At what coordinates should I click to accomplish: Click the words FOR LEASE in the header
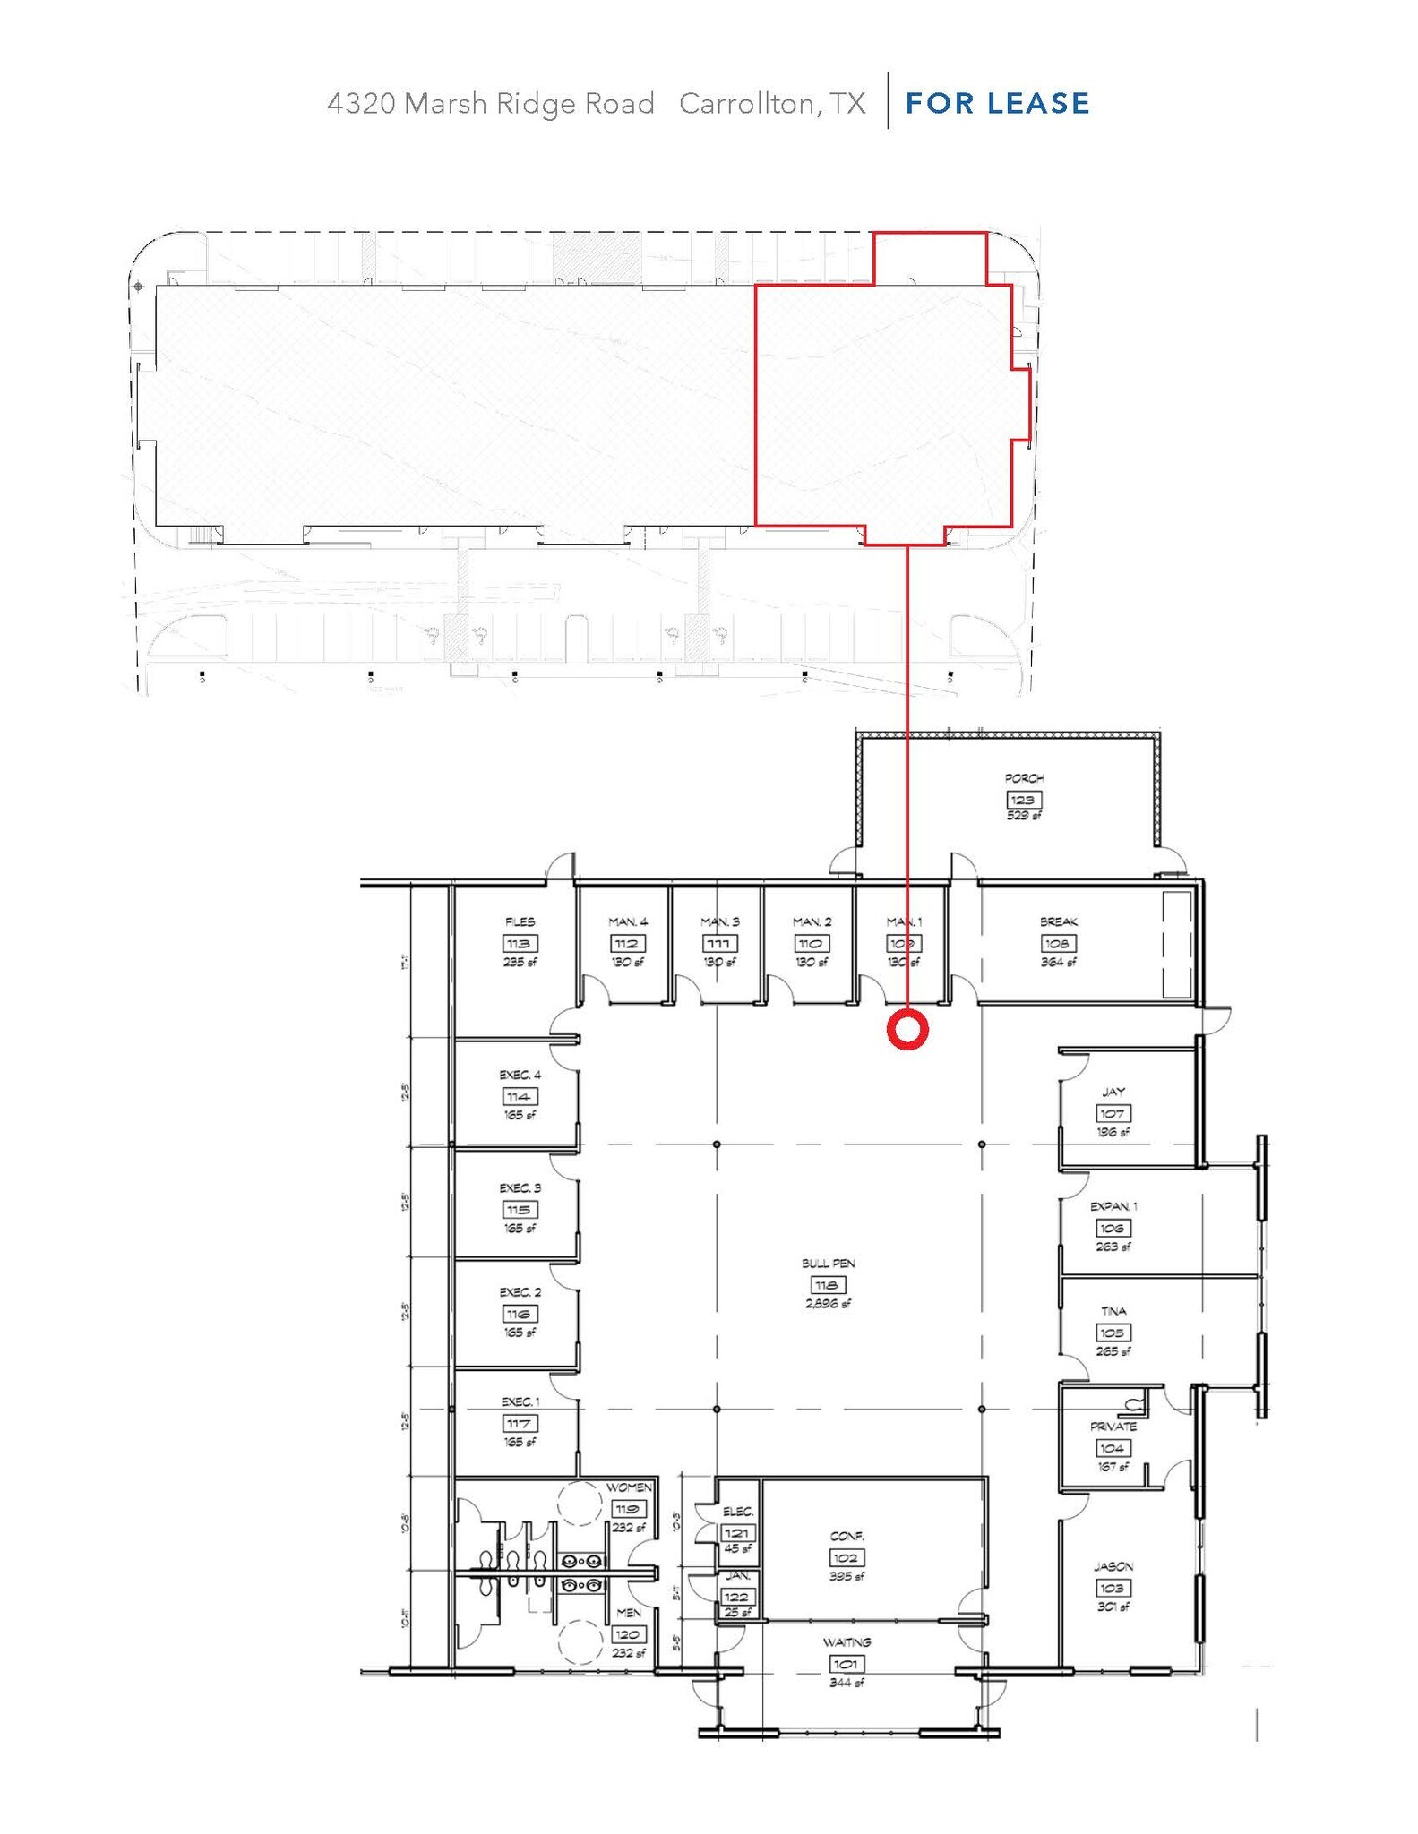click(997, 103)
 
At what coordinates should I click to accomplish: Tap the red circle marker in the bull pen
click(907, 1030)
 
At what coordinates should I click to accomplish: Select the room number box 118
click(826, 1285)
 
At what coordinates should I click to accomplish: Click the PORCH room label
click(1024, 778)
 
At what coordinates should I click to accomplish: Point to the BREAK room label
click(1059, 921)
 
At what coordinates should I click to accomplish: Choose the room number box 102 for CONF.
click(846, 1558)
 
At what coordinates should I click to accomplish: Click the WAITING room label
click(847, 1642)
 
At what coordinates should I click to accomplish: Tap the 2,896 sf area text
click(827, 1304)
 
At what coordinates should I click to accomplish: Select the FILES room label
click(520, 921)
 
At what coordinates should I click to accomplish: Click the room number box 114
click(519, 1096)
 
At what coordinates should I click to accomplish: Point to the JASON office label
click(1113, 1566)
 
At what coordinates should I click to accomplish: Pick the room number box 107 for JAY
click(1113, 1113)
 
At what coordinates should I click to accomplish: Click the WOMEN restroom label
click(629, 1487)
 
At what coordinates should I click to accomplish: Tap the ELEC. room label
click(738, 1512)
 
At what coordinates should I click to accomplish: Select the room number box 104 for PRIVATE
click(1113, 1448)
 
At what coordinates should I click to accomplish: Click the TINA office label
click(1113, 1311)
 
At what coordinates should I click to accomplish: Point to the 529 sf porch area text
click(1024, 816)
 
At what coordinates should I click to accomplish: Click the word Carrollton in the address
click(745, 104)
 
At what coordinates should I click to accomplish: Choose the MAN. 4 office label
click(628, 921)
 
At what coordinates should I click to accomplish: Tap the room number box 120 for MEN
click(627, 1634)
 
